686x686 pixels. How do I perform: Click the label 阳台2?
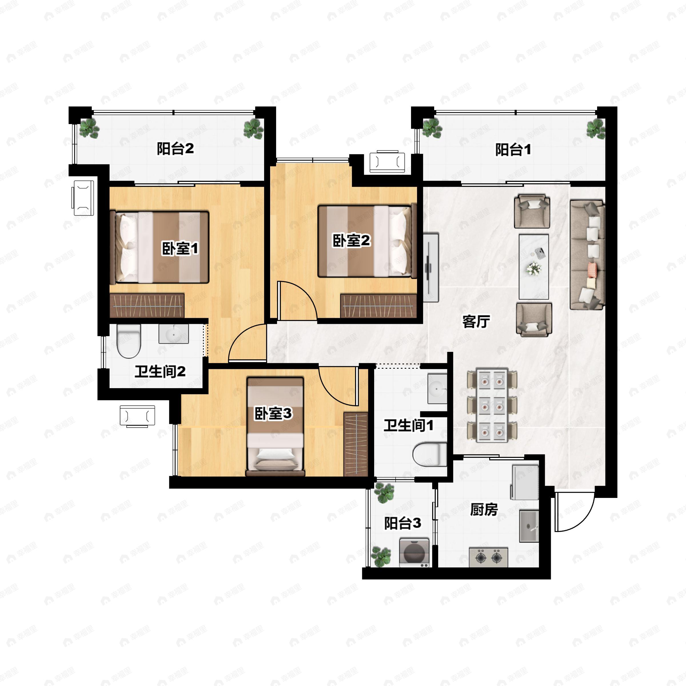click(176, 148)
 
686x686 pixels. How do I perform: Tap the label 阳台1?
click(513, 149)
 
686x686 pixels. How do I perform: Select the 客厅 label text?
click(476, 321)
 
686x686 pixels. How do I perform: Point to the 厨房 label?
click(484, 510)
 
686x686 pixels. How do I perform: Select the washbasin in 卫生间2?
click(174, 334)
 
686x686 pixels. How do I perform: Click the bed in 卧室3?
click(275, 426)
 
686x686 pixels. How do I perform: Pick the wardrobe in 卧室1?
click(147, 305)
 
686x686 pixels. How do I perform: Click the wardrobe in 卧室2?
click(378, 305)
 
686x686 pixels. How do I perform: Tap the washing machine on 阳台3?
click(414, 553)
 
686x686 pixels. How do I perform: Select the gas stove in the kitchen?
click(488, 557)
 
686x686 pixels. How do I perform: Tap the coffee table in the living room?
click(534, 267)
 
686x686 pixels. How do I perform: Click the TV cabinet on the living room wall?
click(431, 267)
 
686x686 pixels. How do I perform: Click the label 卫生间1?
click(408, 425)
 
